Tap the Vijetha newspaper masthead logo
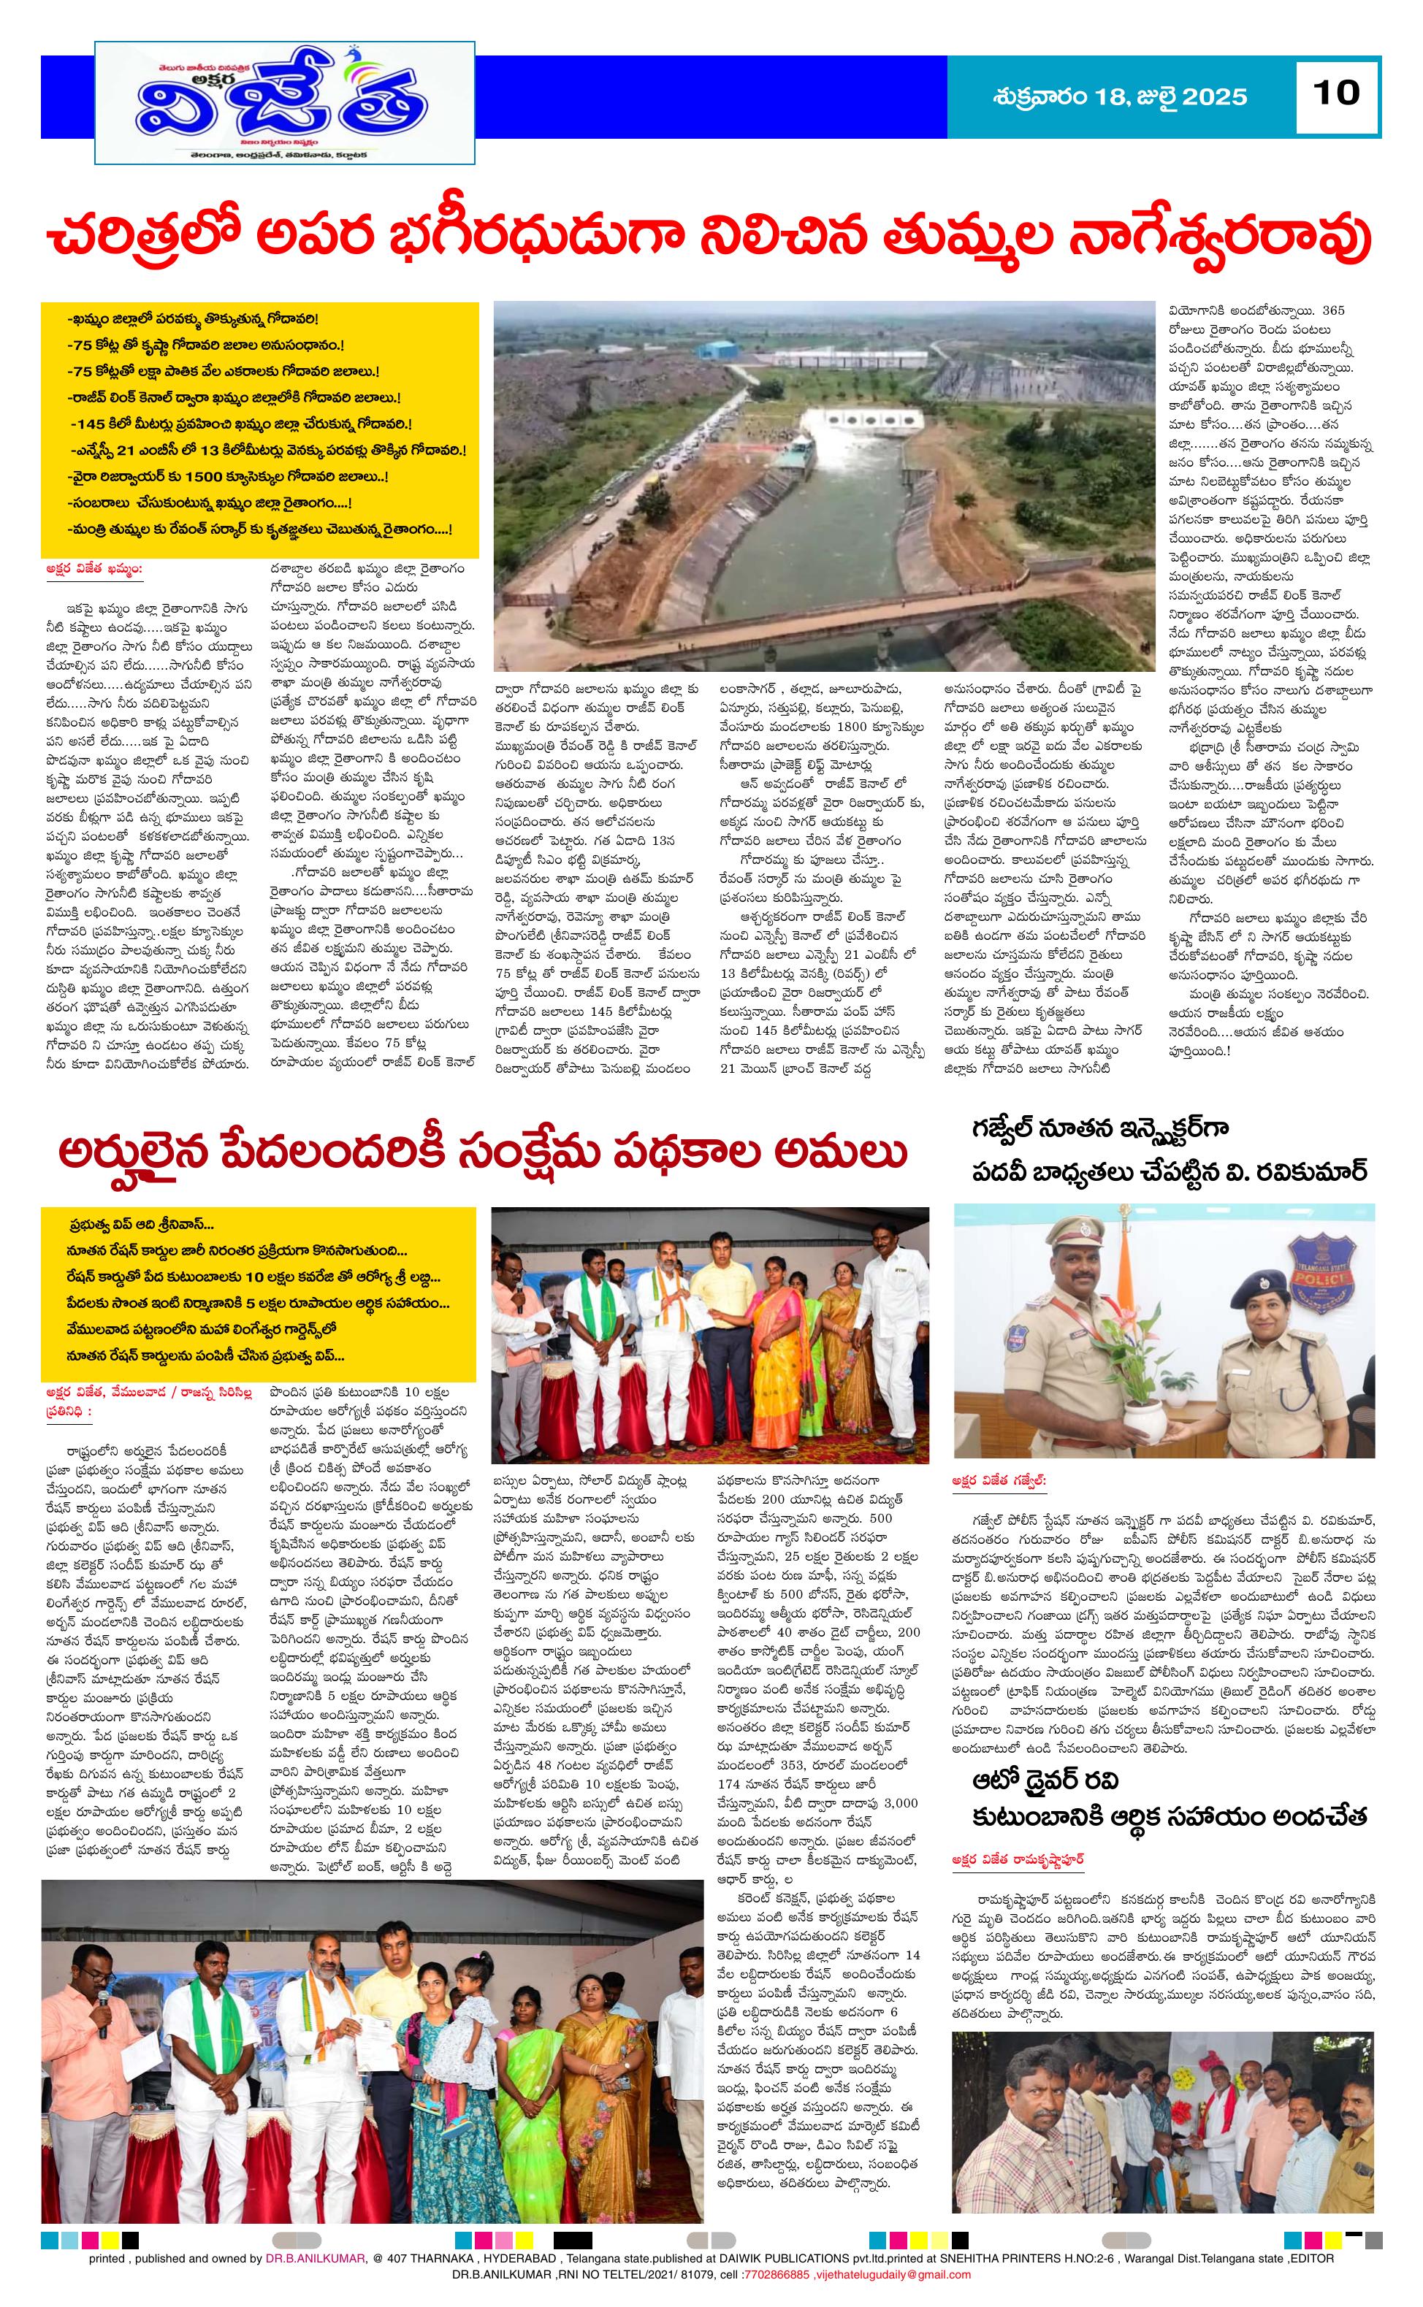(x=284, y=102)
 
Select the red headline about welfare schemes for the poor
(x=482, y=1154)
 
